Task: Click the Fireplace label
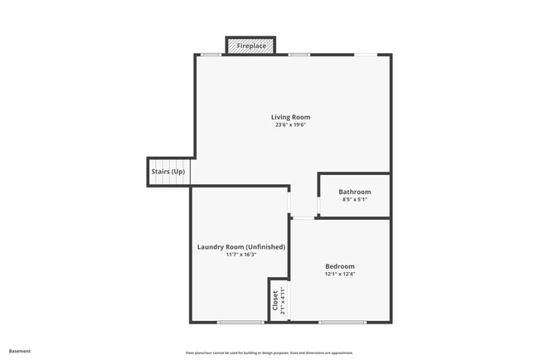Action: (x=252, y=46)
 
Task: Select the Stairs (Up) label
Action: (x=168, y=172)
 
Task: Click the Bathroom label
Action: (x=354, y=192)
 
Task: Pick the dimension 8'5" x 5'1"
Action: (x=354, y=200)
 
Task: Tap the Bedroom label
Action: (x=340, y=266)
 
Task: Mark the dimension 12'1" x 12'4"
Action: (x=340, y=275)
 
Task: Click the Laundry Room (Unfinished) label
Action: (x=241, y=246)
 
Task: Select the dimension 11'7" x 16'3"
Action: (x=241, y=255)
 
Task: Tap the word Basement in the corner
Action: (x=20, y=351)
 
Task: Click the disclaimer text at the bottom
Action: (x=269, y=352)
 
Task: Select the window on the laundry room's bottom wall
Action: (x=241, y=322)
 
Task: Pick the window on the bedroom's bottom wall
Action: (x=342, y=322)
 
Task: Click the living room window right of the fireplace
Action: (x=299, y=55)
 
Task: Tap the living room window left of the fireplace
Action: (x=211, y=55)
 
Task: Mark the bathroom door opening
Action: (x=318, y=205)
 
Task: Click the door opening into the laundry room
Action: (x=289, y=201)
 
